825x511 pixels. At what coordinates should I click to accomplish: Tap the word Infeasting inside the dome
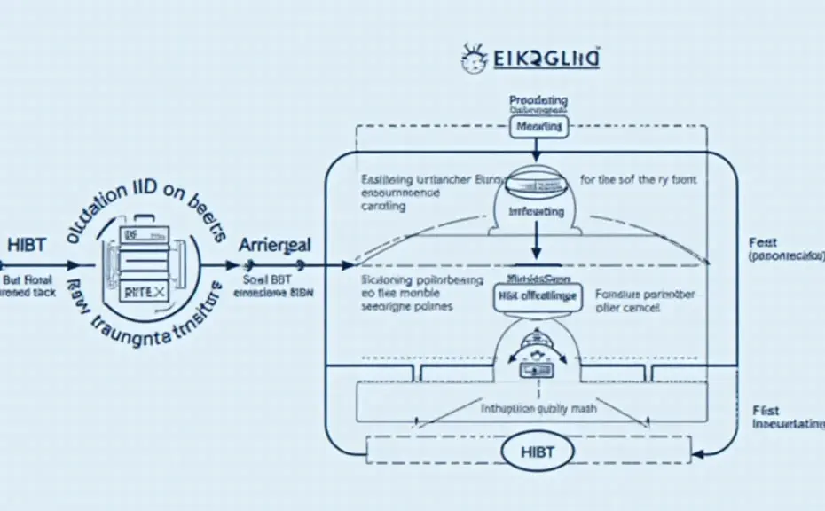point(536,213)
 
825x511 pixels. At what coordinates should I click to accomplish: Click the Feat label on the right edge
point(762,241)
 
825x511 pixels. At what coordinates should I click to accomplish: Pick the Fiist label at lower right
point(766,410)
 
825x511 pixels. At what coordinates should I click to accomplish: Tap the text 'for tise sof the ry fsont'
point(639,179)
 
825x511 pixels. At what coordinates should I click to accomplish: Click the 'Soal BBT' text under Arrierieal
point(268,277)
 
